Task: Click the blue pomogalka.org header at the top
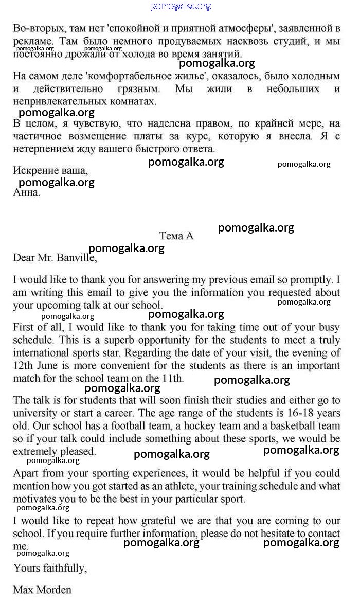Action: [181, 6]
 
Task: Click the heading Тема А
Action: [176, 236]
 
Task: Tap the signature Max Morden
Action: [42, 589]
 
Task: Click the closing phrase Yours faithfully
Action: [50, 568]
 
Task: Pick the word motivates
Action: [37, 499]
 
